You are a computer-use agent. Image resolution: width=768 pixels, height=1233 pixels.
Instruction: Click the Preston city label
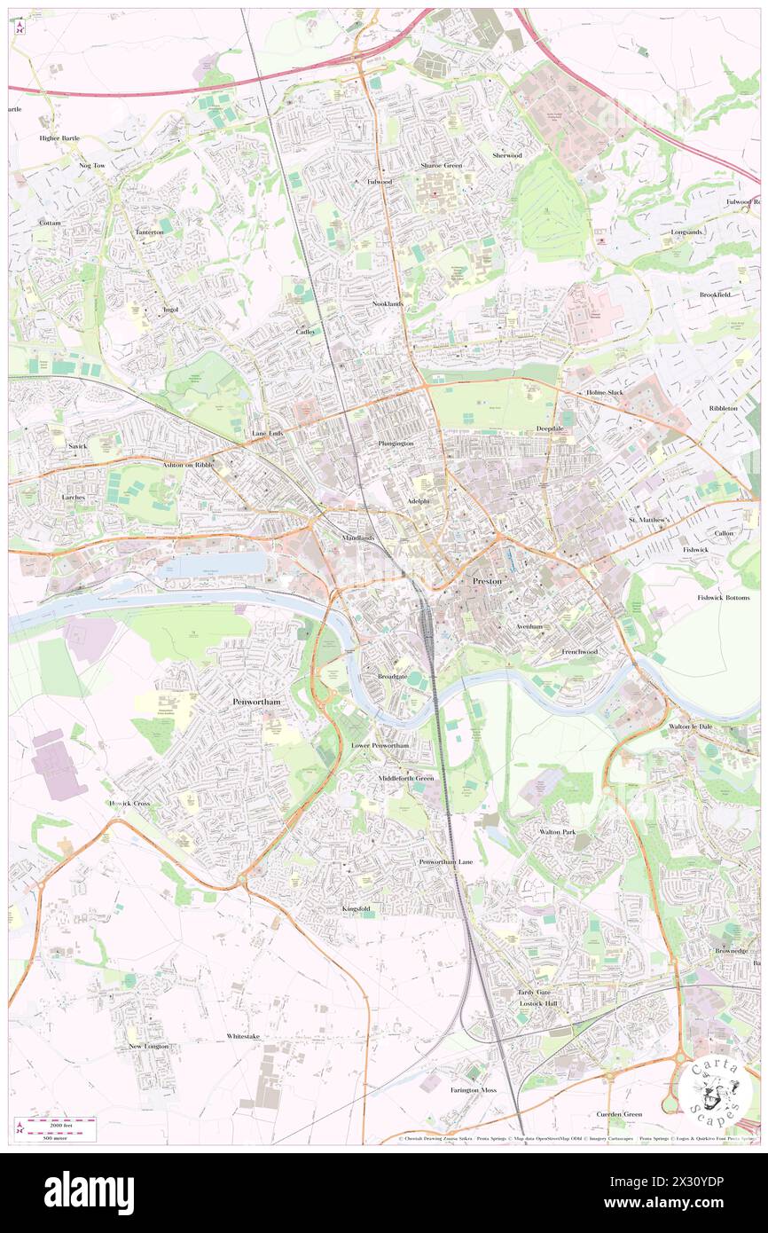pyautogui.click(x=486, y=581)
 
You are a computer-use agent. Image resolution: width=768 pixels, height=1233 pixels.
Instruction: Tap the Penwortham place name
pyautogui.click(x=255, y=702)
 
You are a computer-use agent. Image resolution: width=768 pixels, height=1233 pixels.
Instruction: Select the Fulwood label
pyautogui.click(x=379, y=182)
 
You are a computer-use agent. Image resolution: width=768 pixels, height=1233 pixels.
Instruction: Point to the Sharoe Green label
pyautogui.click(x=441, y=165)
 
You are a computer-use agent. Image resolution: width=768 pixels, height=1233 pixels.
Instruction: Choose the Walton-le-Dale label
pyautogui.click(x=691, y=726)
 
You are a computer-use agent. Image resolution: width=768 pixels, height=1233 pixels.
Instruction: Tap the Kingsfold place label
pyautogui.click(x=357, y=909)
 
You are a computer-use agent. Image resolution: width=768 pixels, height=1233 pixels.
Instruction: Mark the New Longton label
pyautogui.click(x=148, y=1047)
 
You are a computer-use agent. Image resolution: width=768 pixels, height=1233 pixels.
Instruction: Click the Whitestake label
pyautogui.click(x=243, y=1036)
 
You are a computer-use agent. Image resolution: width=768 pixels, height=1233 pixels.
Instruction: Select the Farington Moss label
pyautogui.click(x=473, y=1089)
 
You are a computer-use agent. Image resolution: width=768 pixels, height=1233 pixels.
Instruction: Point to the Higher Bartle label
pyautogui.click(x=59, y=138)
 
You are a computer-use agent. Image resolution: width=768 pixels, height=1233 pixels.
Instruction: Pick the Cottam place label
pyautogui.click(x=50, y=223)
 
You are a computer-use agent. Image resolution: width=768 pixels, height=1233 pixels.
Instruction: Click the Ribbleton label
pyautogui.click(x=723, y=408)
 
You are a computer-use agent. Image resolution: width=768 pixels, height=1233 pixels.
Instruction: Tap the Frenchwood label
pyautogui.click(x=579, y=652)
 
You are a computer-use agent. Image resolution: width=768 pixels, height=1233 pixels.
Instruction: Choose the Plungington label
pyautogui.click(x=396, y=443)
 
